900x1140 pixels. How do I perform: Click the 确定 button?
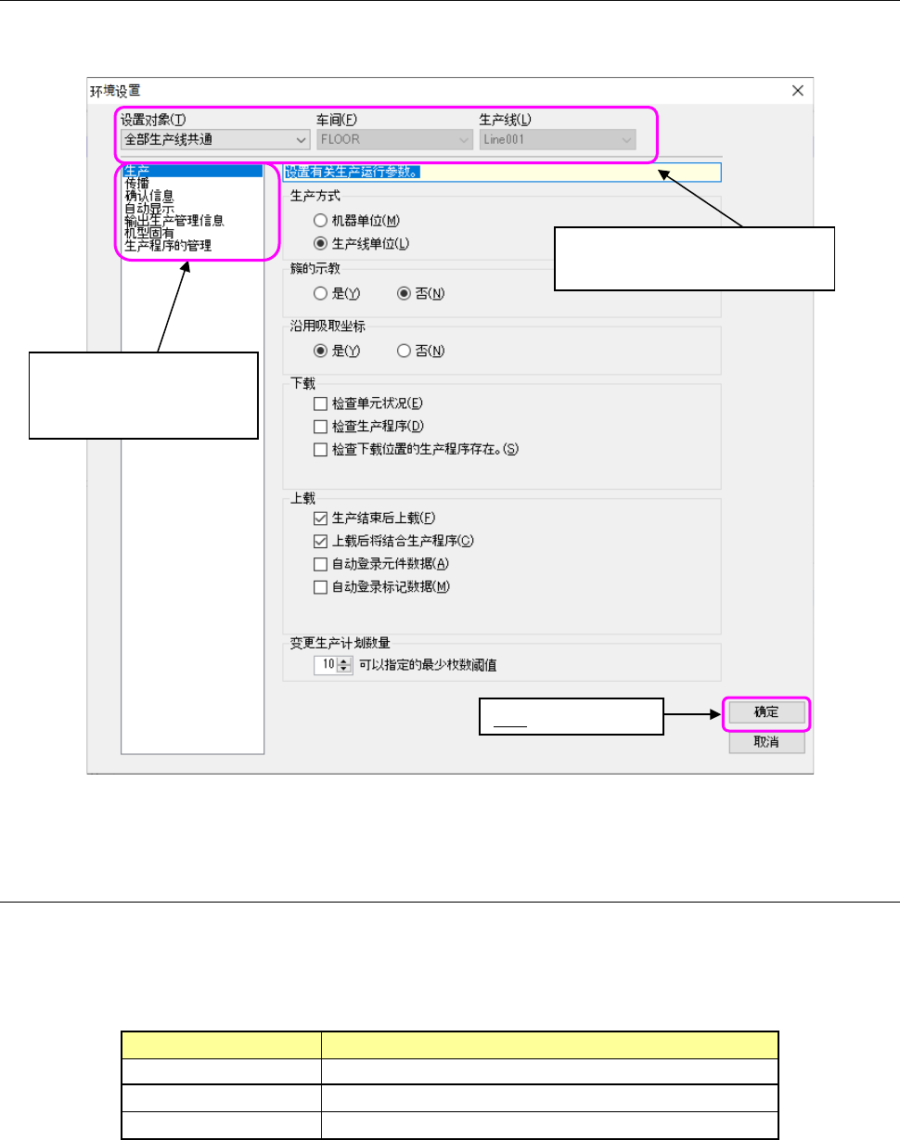765,712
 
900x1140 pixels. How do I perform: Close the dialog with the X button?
797,90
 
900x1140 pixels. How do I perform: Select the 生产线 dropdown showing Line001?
558,140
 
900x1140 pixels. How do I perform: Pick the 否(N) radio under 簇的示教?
404,293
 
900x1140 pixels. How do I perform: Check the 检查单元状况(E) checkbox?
321,403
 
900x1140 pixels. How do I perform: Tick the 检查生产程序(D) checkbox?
321,427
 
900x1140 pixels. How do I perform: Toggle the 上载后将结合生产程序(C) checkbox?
321,541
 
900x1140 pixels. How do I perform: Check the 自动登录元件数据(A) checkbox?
321,563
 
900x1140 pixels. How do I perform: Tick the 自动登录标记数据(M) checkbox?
321,586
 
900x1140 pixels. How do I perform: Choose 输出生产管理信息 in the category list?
174,221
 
